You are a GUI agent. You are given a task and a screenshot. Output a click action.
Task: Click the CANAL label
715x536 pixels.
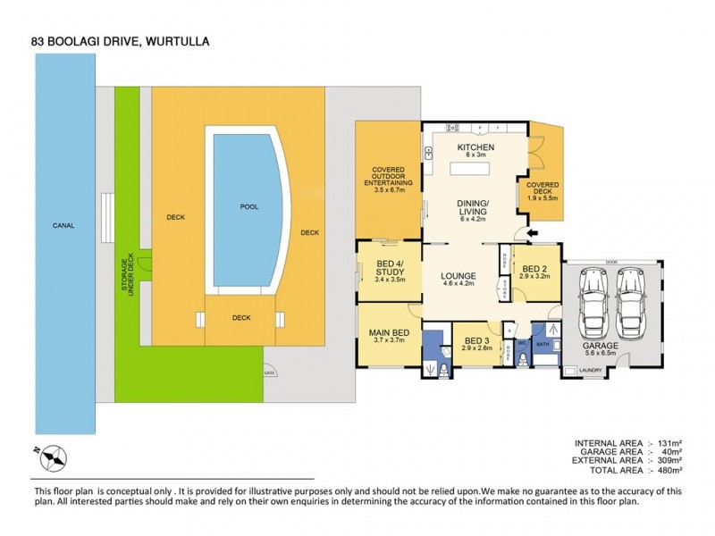click(x=63, y=225)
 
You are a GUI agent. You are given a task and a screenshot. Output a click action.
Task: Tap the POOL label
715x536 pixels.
click(x=248, y=206)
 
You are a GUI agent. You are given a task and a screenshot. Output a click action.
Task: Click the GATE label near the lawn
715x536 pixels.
click(x=268, y=373)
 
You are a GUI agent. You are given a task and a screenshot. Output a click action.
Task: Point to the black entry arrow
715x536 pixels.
click(x=534, y=235)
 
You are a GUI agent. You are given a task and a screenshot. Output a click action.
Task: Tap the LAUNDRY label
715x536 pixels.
click(x=591, y=371)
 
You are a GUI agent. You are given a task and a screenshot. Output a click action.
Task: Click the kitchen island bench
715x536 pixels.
click(x=475, y=167)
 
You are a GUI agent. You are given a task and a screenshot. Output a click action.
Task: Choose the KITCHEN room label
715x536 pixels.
click(x=475, y=147)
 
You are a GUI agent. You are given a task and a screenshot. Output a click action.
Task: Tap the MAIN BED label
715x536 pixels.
click(x=388, y=334)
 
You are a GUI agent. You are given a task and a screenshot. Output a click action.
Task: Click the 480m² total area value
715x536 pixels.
click(x=669, y=469)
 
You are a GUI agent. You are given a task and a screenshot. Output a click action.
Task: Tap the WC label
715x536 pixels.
click(x=523, y=342)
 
